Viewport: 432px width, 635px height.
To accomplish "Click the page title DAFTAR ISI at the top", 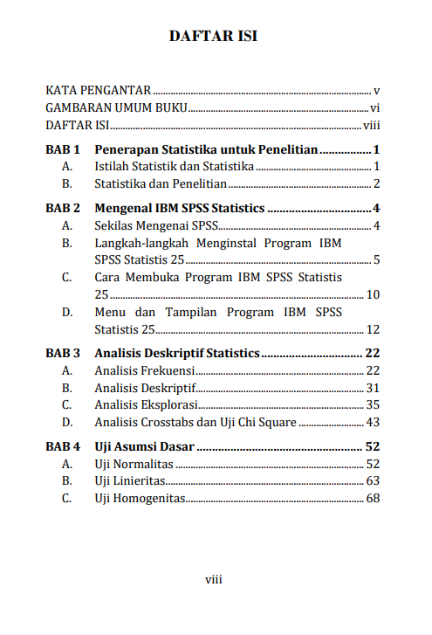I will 216,37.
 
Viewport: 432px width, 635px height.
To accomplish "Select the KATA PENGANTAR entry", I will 99,90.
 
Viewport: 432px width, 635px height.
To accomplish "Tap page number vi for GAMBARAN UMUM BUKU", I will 374,108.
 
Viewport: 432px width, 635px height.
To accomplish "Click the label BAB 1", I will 63,149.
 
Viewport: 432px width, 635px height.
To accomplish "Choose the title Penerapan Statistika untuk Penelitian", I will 206,149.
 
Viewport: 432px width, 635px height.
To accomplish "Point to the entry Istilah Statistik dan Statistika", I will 175,166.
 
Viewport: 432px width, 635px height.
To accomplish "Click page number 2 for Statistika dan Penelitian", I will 376,183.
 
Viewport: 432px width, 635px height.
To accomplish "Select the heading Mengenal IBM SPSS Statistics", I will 179,209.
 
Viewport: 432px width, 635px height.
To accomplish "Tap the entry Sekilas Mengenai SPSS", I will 156,226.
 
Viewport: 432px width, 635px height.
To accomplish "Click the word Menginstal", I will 248,243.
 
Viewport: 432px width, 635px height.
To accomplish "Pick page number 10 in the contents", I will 373,294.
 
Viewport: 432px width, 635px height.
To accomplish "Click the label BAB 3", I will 63,354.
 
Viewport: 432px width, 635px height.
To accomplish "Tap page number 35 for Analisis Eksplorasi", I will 373,405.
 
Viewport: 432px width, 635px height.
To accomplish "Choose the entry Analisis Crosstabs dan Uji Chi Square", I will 195,423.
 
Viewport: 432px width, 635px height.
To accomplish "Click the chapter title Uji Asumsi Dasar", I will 145,447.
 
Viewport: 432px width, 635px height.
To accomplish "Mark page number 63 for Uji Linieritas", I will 373,481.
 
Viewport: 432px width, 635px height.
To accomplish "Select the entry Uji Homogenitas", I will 140,499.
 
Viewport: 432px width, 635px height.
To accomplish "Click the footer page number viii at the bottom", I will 215,580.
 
